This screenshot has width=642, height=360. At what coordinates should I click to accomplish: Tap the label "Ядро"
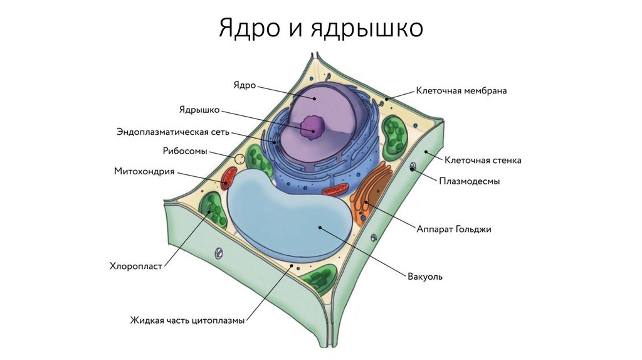tap(244, 85)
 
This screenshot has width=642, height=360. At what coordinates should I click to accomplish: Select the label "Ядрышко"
tap(199, 110)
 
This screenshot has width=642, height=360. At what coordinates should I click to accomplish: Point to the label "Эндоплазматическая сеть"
tap(173, 132)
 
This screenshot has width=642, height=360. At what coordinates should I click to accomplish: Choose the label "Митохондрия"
tap(144, 171)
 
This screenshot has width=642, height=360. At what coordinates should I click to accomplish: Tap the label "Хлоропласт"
tap(136, 266)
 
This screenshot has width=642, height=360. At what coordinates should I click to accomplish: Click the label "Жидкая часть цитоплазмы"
tap(187, 320)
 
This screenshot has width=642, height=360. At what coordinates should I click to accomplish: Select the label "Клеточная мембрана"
tap(461, 90)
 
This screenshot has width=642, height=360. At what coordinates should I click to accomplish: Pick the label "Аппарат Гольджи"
tap(454, 230)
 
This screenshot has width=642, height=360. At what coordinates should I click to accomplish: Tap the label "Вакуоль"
tap(426, 277)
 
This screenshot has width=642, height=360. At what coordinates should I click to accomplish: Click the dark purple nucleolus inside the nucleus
tap(310, 128)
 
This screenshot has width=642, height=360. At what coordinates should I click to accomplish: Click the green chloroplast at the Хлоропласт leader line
tap(214, 210)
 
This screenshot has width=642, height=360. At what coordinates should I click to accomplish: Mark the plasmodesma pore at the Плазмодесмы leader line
tap(413, 167)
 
